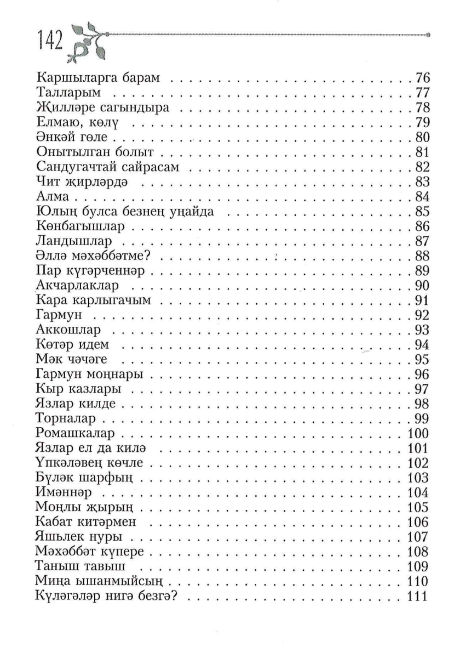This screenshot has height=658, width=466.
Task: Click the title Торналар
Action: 65,419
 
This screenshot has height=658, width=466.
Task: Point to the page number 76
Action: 422,77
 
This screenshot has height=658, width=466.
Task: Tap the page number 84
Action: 422,196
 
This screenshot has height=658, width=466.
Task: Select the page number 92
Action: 422,315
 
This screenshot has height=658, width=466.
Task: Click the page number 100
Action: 418,434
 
